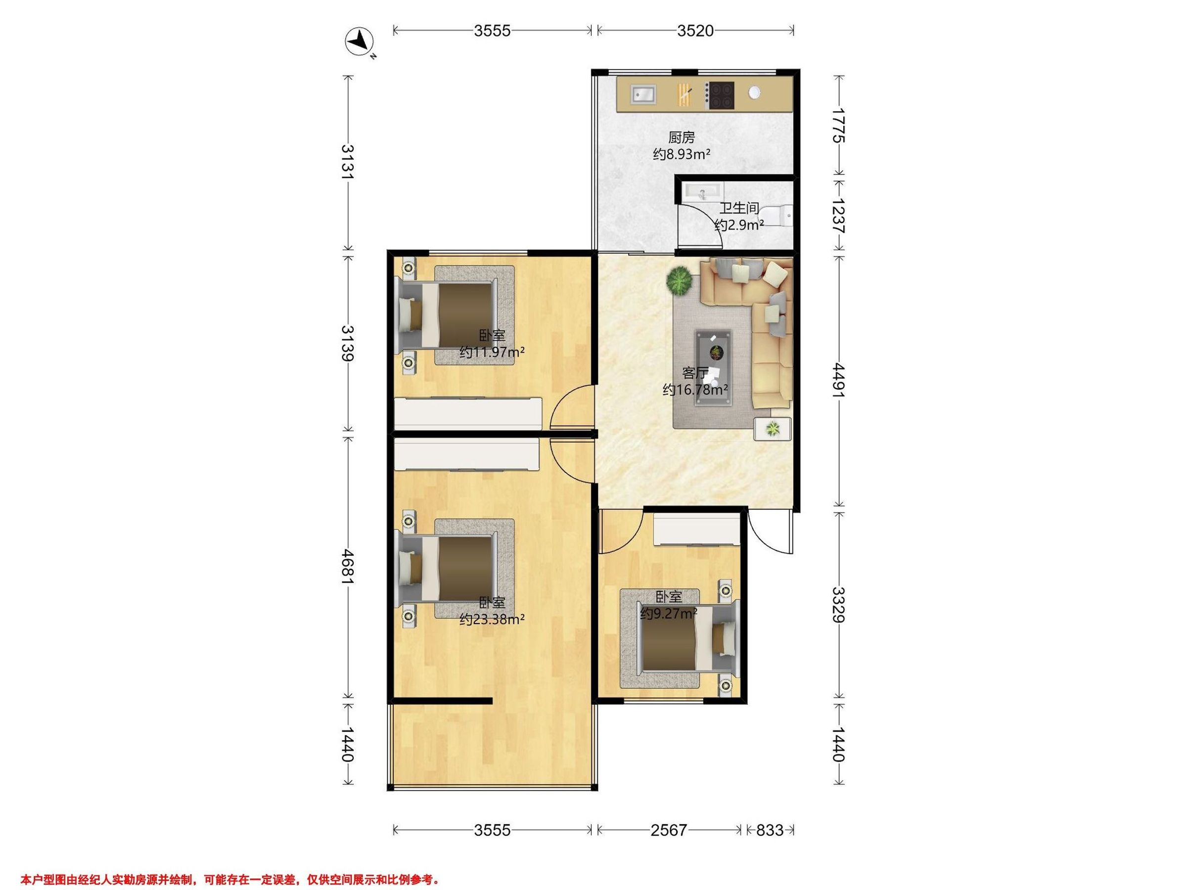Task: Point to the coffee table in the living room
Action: point(713,354)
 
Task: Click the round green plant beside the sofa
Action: point(680,280)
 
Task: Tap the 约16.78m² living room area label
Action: point(695,390)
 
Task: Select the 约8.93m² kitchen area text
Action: point(682,154)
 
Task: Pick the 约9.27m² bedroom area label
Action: point(668,613)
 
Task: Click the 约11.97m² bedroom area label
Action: point(492,353)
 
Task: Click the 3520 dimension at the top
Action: point(695,31)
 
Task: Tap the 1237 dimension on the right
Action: point(839,216)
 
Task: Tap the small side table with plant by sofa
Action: point(772,429)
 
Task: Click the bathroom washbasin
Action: point(702,191)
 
